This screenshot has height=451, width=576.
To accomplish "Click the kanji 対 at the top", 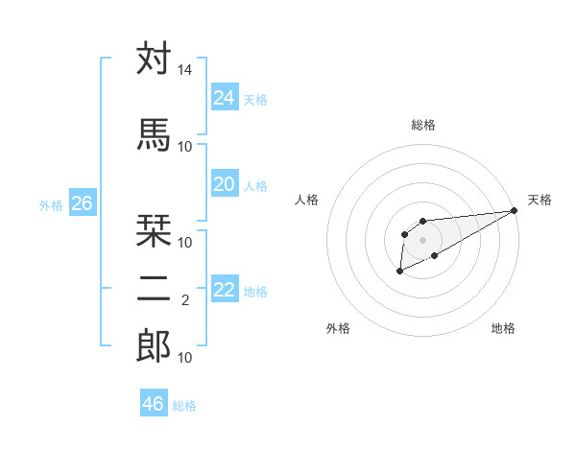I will (154, 59).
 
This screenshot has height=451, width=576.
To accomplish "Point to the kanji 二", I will (154, 287).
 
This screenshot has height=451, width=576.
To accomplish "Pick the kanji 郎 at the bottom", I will (154, 345).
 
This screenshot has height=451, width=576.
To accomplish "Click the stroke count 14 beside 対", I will (185, 71).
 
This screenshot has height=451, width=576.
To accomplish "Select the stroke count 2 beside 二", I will (184, 300).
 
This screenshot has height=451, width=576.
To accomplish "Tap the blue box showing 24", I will (224, 97).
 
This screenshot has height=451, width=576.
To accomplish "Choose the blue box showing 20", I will (224, 184).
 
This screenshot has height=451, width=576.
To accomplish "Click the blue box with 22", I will (224, 290).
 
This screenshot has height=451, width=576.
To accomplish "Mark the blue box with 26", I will (82, 203).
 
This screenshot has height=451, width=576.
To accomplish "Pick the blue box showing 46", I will (153, 404).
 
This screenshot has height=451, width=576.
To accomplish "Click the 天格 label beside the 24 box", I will (255, 99).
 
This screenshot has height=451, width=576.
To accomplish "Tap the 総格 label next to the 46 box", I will (184, 406).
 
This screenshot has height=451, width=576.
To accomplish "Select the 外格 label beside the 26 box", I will (51, 204).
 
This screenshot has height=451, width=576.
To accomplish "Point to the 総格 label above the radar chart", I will (423, 125).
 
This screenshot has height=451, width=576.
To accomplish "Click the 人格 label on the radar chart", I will (307, 200).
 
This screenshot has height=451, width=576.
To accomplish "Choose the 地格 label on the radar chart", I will (503, 329).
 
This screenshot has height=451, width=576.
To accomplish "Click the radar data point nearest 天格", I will (516, 210).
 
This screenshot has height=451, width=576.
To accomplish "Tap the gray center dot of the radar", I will (422, 238).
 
